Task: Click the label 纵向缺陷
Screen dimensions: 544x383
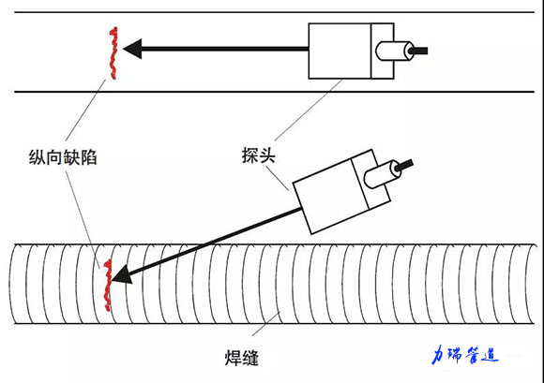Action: tap(63, 157)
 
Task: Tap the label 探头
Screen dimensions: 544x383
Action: tap(259, 155)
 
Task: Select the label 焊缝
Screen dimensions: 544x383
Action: tap(241, 358)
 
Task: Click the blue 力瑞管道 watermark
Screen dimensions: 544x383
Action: tap(465, 355)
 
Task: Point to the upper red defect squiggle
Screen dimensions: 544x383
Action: tap(113, 53)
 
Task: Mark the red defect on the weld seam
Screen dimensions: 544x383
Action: tap(108, 285)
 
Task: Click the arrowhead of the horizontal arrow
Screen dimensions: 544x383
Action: tap(132, 49)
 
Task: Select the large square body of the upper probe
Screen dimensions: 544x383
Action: tap(340, 51)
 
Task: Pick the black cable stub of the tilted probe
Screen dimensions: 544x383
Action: tap(404, 165)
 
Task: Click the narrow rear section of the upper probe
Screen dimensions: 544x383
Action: tap(383, 51)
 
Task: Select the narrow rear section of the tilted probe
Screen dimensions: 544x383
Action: tap(371, 180)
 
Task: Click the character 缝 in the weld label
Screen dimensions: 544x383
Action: tap(250, 358)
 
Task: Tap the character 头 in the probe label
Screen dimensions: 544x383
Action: tap(267, 155)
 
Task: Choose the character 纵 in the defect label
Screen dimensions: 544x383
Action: tap(38, 157)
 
